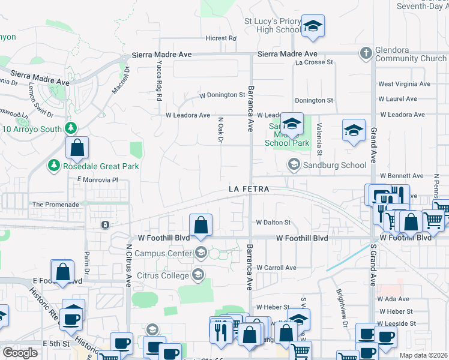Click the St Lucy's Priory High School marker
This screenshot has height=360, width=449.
tap(312, 27)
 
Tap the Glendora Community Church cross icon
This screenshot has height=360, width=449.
tap(365, 53)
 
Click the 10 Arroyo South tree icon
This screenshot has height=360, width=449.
tap(71, 128)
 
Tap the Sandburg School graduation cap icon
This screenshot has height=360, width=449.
tap(294, 164)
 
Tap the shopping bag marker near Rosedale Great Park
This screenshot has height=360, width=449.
tap(77, 148)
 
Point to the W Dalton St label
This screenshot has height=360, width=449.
tap(273, 222)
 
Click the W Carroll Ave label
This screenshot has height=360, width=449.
tap(276, 268)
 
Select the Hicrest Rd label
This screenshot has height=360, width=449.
tap(220, 38)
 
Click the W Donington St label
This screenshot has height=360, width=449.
tap(222, 95)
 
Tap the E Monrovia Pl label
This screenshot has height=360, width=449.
tap(95, 179)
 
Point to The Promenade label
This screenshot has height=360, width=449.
tap(56, 205)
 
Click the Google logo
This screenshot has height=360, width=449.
tap(20, 353)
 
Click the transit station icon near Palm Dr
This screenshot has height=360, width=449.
tap(105, 225)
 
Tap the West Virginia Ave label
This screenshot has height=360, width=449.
tap(404, 85)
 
